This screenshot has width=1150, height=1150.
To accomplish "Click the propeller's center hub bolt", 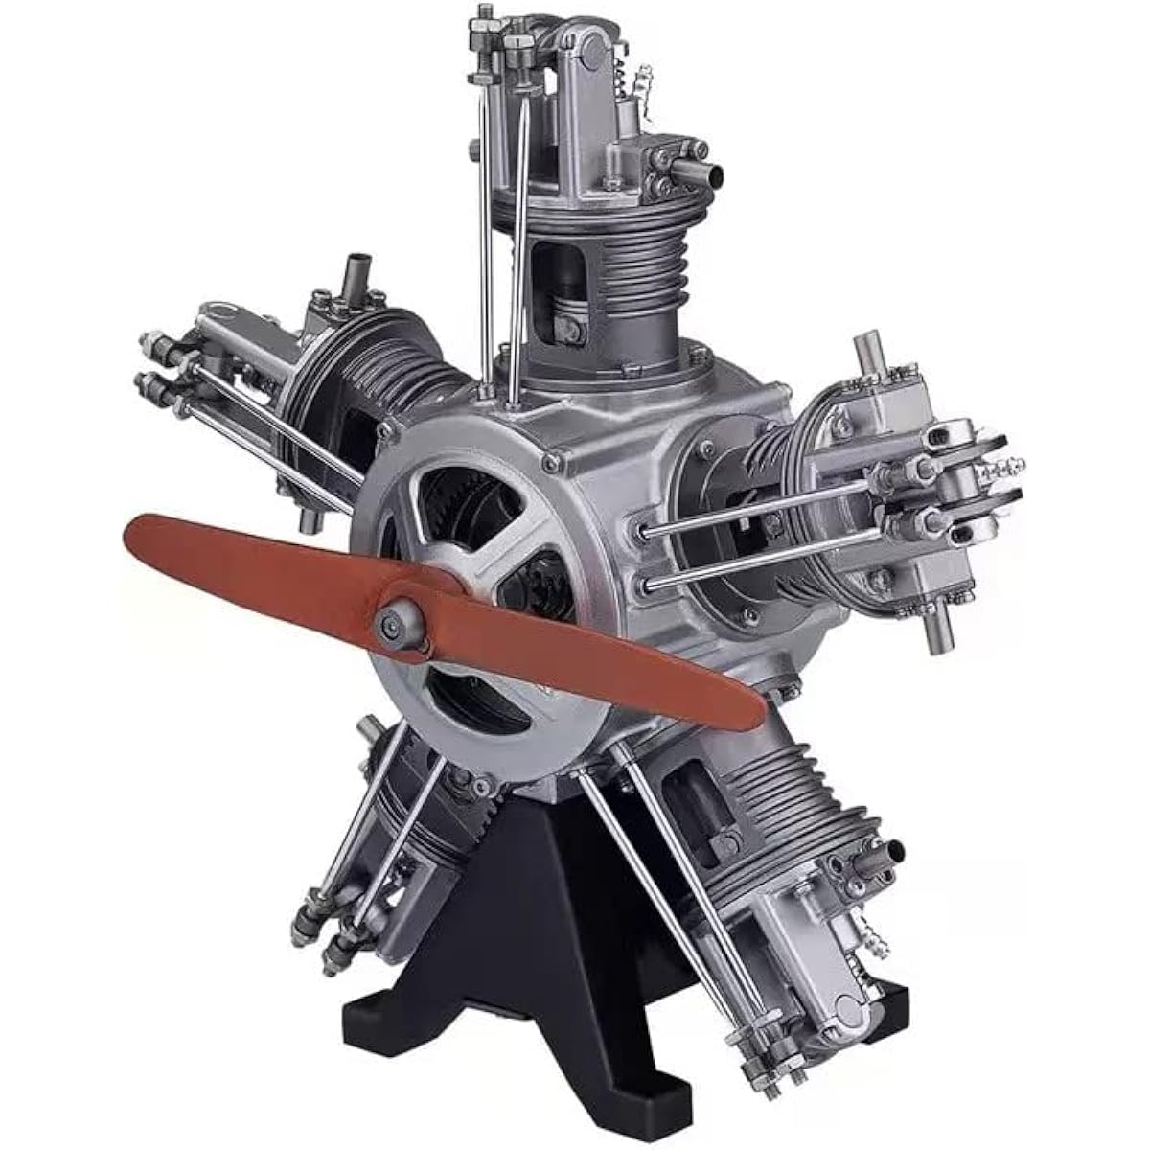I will click(394, 624).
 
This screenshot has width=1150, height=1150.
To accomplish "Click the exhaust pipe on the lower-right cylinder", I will click(891, 849).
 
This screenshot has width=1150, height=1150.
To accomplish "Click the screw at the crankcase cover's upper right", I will click(551, 465).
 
